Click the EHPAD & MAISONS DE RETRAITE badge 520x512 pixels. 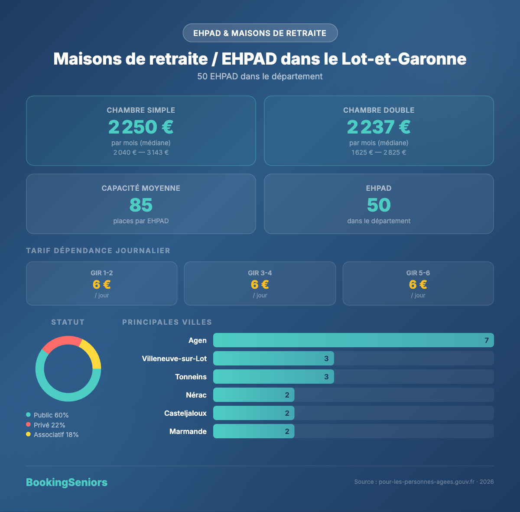(x=260, y=33)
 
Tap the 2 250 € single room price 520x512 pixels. (x=141, y=127)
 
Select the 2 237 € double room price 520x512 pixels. (x=379, y=127)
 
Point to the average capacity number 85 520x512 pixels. (x=141, y=205)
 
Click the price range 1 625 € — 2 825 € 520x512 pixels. (x=379, y=153)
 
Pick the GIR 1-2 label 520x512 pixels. (x=102, y=273)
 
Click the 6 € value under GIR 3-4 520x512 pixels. (x=260, y=284)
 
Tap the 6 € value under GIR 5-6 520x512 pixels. (x=418, y=284)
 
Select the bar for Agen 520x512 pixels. (x=353, y=340)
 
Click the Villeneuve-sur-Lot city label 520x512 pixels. (x=174, y=359)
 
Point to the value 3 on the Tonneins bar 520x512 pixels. (x=326, y=377)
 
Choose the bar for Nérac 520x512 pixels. (x=253, y=395)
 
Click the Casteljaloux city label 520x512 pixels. (x=185, y=413)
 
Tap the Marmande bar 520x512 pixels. (x=253, y=431)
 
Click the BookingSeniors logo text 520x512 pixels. (x=67, y=483)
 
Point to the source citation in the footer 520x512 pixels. (x=424, y=482)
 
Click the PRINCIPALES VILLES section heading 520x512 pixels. (x=167, y=322)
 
